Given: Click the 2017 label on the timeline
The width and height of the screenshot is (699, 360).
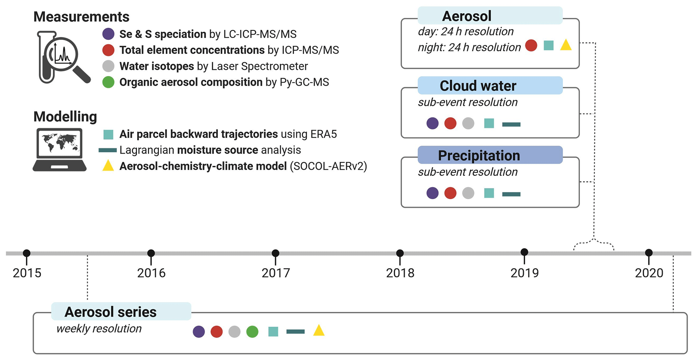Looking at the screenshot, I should [276, 273].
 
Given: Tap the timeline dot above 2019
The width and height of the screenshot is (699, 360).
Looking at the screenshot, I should [524, 252].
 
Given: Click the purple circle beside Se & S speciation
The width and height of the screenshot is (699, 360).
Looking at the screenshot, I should [108, 34].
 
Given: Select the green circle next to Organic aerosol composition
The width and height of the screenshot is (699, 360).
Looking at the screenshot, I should [108, 82].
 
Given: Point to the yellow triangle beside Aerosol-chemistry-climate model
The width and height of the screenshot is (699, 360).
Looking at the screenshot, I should [108, 166].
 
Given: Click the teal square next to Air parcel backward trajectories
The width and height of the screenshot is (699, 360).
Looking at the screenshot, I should [108, 134].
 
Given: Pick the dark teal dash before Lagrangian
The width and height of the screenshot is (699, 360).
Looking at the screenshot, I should [108, 150].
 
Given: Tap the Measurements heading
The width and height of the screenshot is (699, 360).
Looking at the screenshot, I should [81, 17].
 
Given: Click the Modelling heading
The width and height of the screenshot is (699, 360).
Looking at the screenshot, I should [65, 117].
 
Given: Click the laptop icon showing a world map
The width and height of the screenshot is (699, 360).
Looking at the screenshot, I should [60, 150].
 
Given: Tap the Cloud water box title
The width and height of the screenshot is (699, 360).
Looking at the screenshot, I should [478, 86].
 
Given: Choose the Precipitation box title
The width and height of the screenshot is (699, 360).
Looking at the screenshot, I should [479, 155].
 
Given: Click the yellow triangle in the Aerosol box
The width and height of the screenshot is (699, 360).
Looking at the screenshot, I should [566, 45].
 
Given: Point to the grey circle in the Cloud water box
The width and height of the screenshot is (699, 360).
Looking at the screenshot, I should [468, 123].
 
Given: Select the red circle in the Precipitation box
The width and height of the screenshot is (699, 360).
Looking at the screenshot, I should [450, 193].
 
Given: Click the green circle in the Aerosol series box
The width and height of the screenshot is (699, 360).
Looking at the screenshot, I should [252, 332].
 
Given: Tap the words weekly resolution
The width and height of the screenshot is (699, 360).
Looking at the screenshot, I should [99, 329].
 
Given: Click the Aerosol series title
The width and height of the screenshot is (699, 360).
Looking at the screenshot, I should [110, 312].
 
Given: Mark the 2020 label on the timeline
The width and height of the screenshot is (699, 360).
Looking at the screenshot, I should [649, 273].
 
